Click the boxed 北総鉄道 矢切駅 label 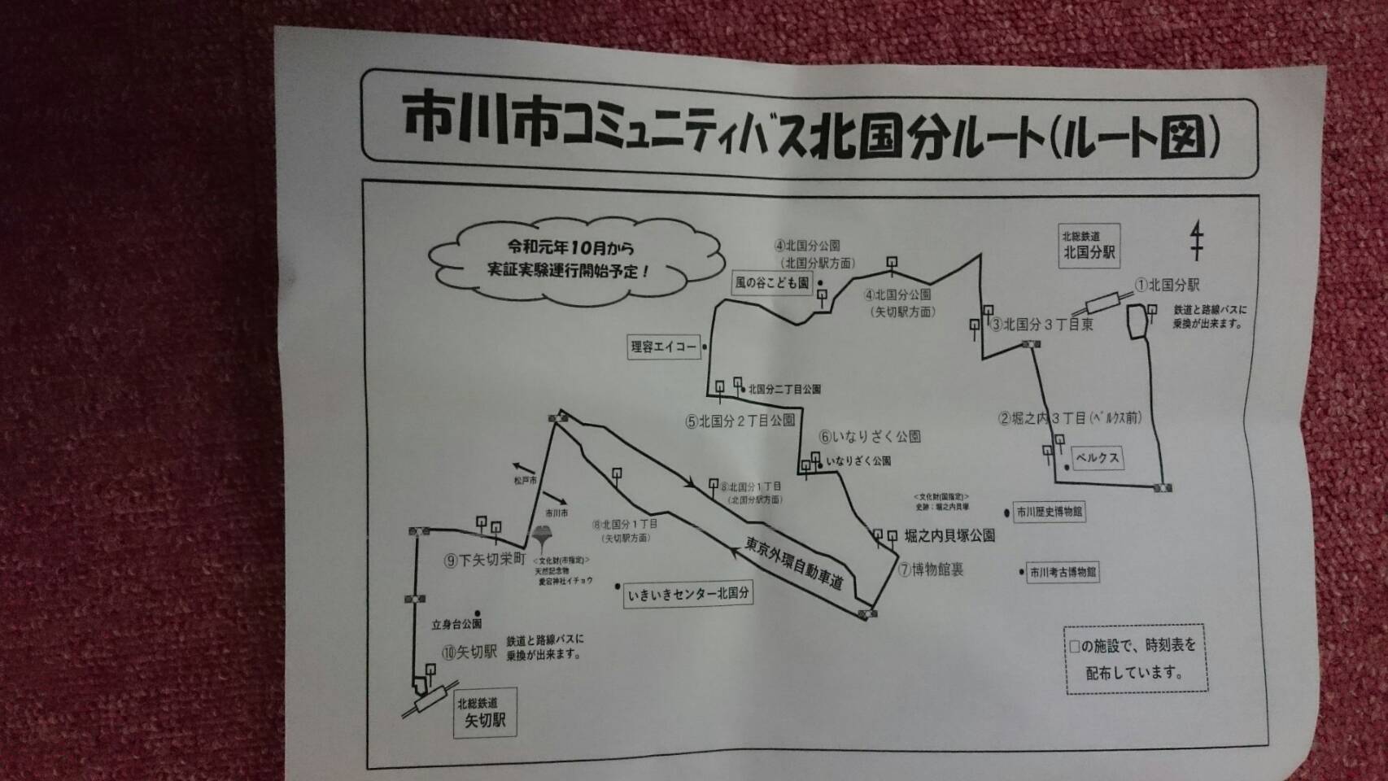click(485, 713)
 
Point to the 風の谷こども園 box click(772, 282)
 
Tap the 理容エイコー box click(664, 347)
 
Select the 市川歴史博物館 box click(1050, 513)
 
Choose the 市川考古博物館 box click(1063, 572)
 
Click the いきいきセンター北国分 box click(687, 594)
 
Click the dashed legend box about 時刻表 click(1136, 659)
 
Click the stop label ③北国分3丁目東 click(1041, 325)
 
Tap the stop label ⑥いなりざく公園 click(870, 437)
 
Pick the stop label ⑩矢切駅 click(469, 652)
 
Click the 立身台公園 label click(456, 624)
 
